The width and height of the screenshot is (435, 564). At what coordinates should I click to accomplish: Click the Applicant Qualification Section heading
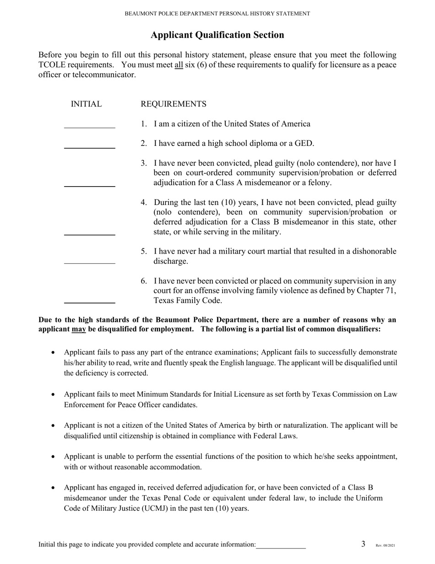217,35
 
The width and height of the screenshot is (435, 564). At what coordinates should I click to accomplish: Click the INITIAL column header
86,105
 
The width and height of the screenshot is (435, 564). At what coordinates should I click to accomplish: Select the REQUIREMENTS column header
173,105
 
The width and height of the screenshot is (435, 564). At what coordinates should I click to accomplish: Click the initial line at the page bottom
281,546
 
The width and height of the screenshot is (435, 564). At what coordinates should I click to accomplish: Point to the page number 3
363,544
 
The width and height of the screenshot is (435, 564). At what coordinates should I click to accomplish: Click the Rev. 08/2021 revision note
385,546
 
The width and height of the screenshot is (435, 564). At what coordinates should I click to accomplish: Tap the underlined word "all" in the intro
179,65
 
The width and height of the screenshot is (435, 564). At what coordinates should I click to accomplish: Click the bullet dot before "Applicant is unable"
54,457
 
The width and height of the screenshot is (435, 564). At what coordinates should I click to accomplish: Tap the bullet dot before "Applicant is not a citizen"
54,426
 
